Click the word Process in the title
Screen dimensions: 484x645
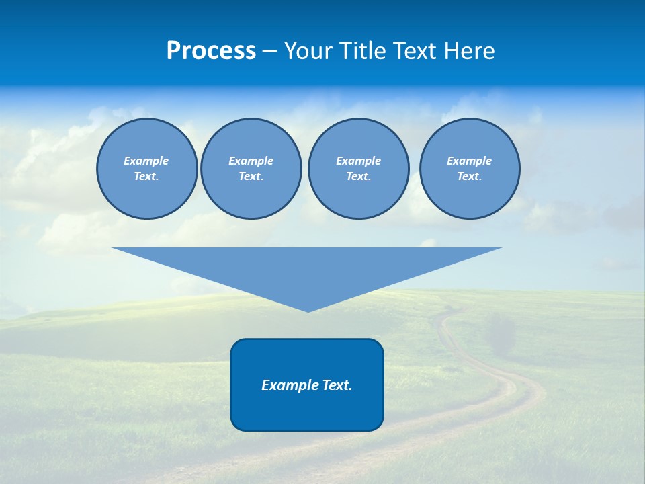pos(211,51)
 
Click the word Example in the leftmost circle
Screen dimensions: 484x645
pos(146,161)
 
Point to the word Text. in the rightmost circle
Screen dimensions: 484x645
pos(470,177)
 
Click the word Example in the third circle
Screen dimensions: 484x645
pos(358,161)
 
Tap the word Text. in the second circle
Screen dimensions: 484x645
pos(251,177)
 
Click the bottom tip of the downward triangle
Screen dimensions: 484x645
pos(308,311)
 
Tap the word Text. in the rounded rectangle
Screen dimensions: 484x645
pos(338,385)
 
